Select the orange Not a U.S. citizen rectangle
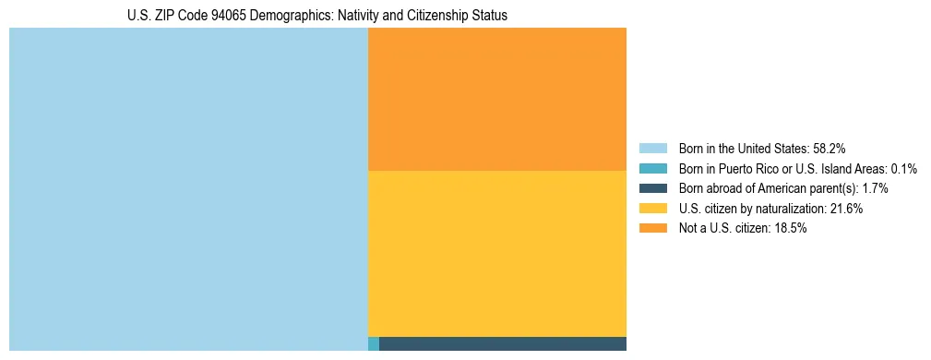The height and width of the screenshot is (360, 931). (x=496, y=100)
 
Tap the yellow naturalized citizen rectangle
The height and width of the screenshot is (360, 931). (x=496, y=254)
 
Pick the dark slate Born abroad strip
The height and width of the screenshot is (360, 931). (x=502, y=344)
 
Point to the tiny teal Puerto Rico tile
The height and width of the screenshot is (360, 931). (x=373, y=344)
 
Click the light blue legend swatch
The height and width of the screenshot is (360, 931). (x=652, y=148)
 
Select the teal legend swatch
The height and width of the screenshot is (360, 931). (x=652, y=168)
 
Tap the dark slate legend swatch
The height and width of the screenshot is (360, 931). (x=652, y=188)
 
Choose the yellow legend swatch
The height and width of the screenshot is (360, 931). (x=652, y=209)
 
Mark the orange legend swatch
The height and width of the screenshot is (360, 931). (x=652, y=228)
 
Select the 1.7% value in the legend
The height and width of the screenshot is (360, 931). (x=876, y=188)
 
